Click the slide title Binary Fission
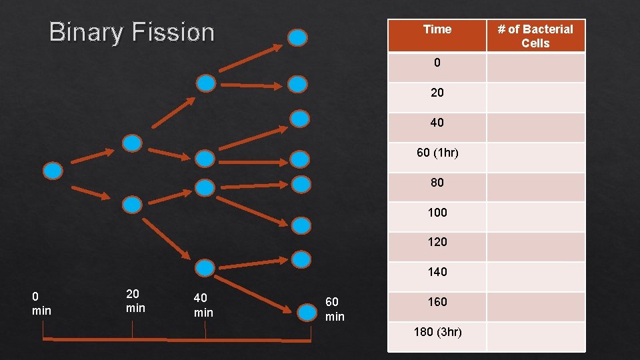[132, 32]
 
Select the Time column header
[437, 29]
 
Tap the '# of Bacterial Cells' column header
[536, 36]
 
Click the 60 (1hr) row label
[437, 153]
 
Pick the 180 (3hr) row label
[437, 331]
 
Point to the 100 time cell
[437, 213]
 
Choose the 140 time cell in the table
[437, 272]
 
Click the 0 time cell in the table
[437, 63]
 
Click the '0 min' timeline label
[41, 303]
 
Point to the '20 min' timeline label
[135, 301]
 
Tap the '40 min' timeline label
[203, 305]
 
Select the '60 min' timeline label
[335, 309]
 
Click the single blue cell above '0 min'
[53, 171]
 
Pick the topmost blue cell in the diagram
[298, 37]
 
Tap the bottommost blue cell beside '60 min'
[307, 311]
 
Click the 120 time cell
[437, 242]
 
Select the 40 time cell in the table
[437, 123]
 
